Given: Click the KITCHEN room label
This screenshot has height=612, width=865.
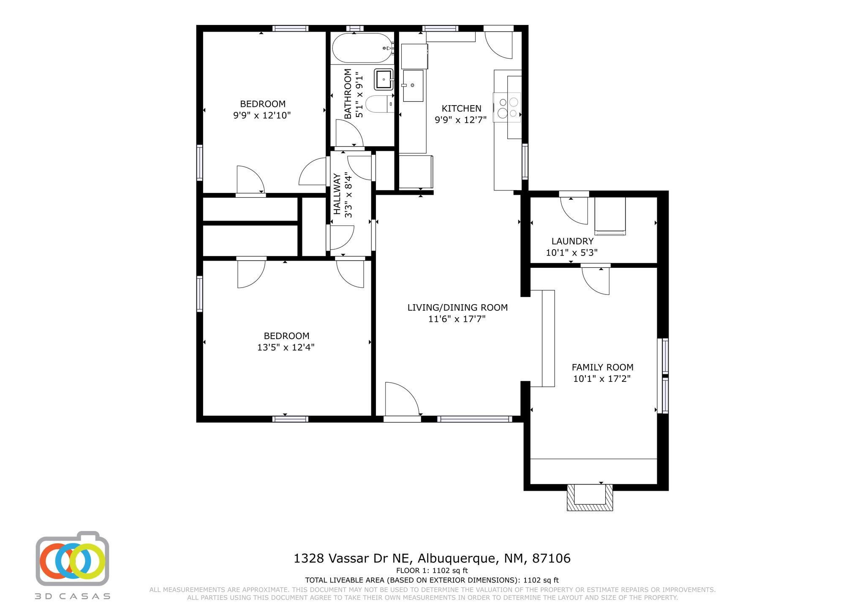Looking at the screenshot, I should click(461, 109).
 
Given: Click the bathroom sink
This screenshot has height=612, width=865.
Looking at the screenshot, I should click(384, 79).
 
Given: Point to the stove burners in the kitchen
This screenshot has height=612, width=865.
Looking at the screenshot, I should click(508, 108).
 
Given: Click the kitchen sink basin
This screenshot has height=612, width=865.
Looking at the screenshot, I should click(413, 86).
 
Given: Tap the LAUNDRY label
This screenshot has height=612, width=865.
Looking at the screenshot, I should click(572, 241).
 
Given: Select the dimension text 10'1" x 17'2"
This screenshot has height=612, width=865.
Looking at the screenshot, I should click(602, 379).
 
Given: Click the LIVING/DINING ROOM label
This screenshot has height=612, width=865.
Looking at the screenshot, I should click(457, 307).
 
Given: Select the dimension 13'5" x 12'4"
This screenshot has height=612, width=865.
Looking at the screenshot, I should click(286, 348).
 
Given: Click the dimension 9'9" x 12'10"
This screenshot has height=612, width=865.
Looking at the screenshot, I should click(262, 115).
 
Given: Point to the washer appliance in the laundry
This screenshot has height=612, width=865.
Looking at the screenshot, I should click(610, 216).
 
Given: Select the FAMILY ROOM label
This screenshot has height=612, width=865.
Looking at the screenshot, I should click(602, 367).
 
